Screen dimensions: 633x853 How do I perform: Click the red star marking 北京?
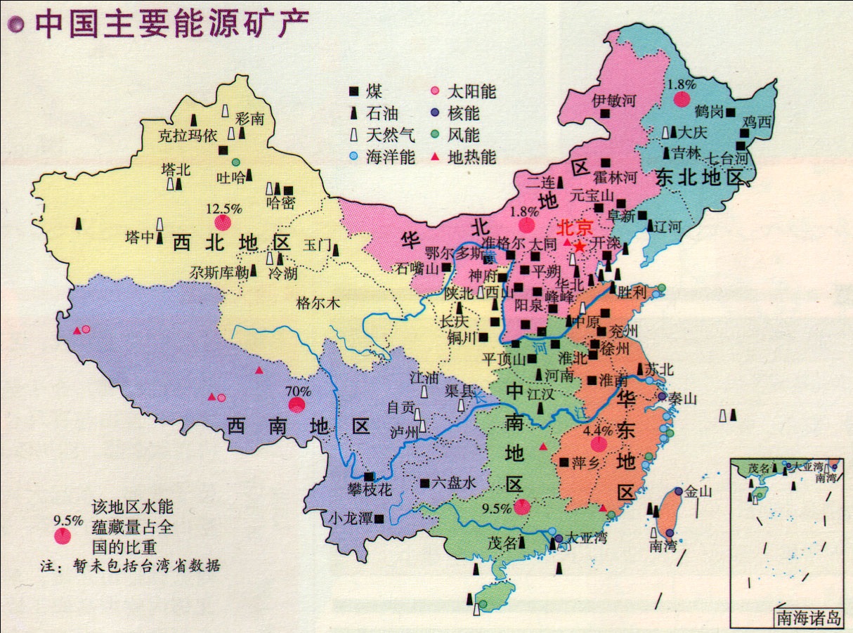[580, 247]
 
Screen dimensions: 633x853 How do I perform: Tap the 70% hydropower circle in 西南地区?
[297, 405]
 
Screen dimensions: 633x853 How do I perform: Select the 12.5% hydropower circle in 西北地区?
[223, 223]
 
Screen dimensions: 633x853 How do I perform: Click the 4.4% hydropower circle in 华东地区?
[598, 444]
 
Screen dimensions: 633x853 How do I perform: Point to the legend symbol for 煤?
[354, 92]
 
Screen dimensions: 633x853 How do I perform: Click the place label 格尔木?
[318, 304]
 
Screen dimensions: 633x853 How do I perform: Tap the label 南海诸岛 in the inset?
[808, 618]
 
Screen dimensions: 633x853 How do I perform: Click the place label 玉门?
[316, 245]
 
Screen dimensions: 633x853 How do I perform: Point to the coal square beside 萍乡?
[564, 462]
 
